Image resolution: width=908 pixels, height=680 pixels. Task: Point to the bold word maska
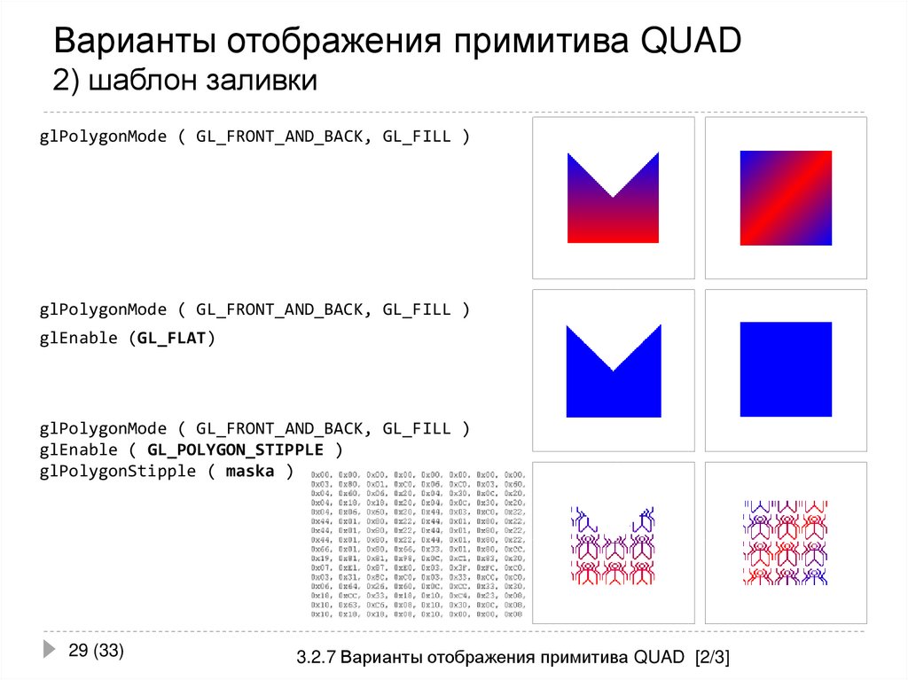coord(250,471)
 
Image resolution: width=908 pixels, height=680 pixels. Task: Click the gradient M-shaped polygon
coord(612,213)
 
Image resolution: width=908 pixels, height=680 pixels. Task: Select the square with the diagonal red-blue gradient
coord(786,198)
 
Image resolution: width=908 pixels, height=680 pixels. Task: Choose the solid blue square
coord(786,369)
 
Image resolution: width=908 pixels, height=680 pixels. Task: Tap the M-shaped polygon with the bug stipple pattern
coord(613,554)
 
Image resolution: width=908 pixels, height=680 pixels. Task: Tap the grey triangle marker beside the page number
coord(51,650)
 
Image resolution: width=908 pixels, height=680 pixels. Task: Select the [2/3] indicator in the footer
coord(712,658)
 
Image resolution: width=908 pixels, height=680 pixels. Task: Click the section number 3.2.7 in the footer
coord(317,658)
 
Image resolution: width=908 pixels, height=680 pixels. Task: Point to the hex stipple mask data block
coord(418,545)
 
